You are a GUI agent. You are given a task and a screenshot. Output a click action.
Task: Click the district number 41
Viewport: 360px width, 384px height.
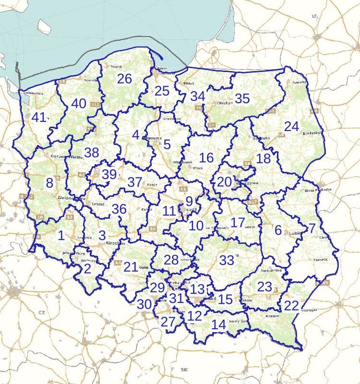(39, 117)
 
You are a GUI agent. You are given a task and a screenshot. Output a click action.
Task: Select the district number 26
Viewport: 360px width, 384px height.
(124, 79)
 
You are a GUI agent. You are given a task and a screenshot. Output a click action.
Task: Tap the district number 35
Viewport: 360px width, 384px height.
(242, 98)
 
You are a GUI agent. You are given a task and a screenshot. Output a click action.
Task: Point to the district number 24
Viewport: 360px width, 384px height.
(291, 127)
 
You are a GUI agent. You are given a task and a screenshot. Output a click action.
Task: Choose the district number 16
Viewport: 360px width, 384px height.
(206, 157)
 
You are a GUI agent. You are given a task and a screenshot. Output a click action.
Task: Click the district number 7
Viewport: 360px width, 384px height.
(312, 228)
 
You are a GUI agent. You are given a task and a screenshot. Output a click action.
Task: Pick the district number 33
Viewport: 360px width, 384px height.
(227, 260)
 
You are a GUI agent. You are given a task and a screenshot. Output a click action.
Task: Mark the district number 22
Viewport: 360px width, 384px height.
(291, 306)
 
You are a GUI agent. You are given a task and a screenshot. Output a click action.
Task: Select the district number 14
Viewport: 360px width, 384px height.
(218, 325)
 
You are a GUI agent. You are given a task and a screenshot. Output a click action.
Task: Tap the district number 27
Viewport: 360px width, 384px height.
(168, 322)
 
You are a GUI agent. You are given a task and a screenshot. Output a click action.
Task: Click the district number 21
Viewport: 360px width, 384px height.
(131, 267)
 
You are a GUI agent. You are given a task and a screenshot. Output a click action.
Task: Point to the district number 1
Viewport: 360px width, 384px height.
(61, 235)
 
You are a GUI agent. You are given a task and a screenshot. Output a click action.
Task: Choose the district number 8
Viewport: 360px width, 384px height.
(49, 183)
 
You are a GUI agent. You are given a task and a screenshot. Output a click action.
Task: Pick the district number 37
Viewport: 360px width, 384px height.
(135, 182)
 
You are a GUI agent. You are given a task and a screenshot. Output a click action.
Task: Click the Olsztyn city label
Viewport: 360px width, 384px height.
(225, 103)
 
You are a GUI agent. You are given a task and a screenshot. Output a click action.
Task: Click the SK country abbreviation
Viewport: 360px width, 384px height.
(184, 369)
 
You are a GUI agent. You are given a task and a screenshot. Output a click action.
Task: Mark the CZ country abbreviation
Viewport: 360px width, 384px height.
(42, 312)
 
